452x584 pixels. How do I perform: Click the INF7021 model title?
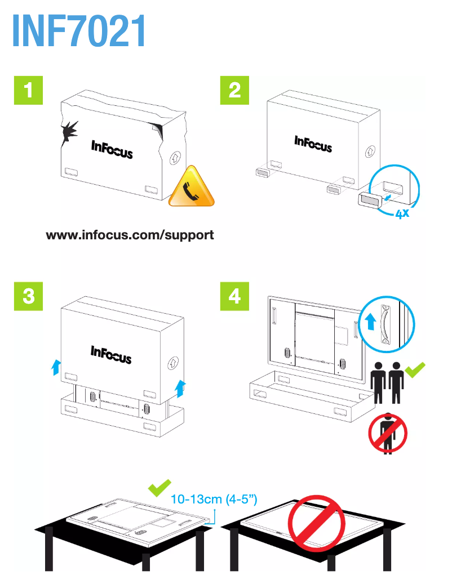[x=79, y=32]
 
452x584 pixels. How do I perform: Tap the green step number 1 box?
[x=28, y=90]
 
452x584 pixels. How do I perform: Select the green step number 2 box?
[x=234, y=90]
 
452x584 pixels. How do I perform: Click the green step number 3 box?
[x=28, y=296]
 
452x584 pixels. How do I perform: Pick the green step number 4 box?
[x=234, y=296]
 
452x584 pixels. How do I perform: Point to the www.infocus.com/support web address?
[x=130, y=234]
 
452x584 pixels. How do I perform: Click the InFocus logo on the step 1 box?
[x=112, y=149]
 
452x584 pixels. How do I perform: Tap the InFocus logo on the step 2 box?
[x=313, y=144]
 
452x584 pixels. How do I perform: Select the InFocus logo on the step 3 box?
[x=111, y=354]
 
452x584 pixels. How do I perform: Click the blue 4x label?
[x=401, y=213]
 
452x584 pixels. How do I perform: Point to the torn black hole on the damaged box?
[x=70, y=132]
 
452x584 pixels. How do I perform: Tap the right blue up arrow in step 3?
[x=180, y=387]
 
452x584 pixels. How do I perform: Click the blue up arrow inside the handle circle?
[x=370, y=322]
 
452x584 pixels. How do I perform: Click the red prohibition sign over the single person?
[x=388, y=432]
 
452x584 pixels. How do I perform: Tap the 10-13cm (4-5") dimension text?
[x=214, y=498]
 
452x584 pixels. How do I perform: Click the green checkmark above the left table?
[x=159, y=488]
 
